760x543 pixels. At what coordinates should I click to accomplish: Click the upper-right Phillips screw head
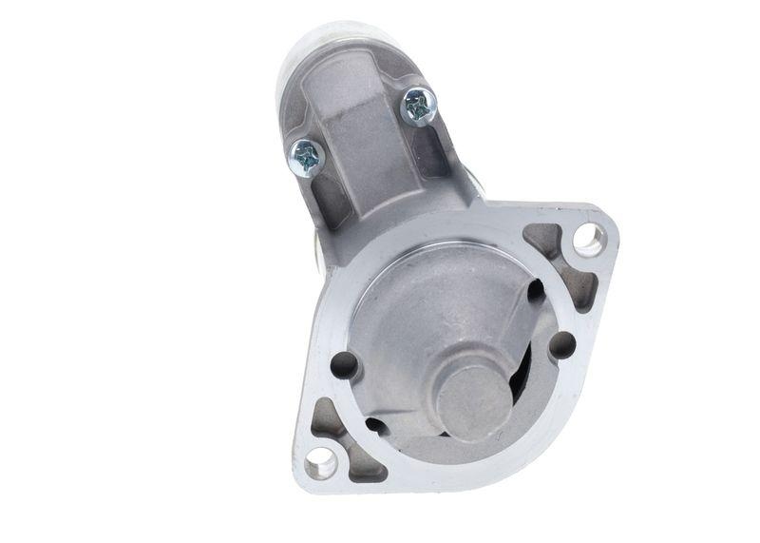click(419, 106)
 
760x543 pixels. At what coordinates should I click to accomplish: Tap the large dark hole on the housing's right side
click(562, 344)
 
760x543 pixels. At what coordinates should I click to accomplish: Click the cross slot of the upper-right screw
click(419, 106)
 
